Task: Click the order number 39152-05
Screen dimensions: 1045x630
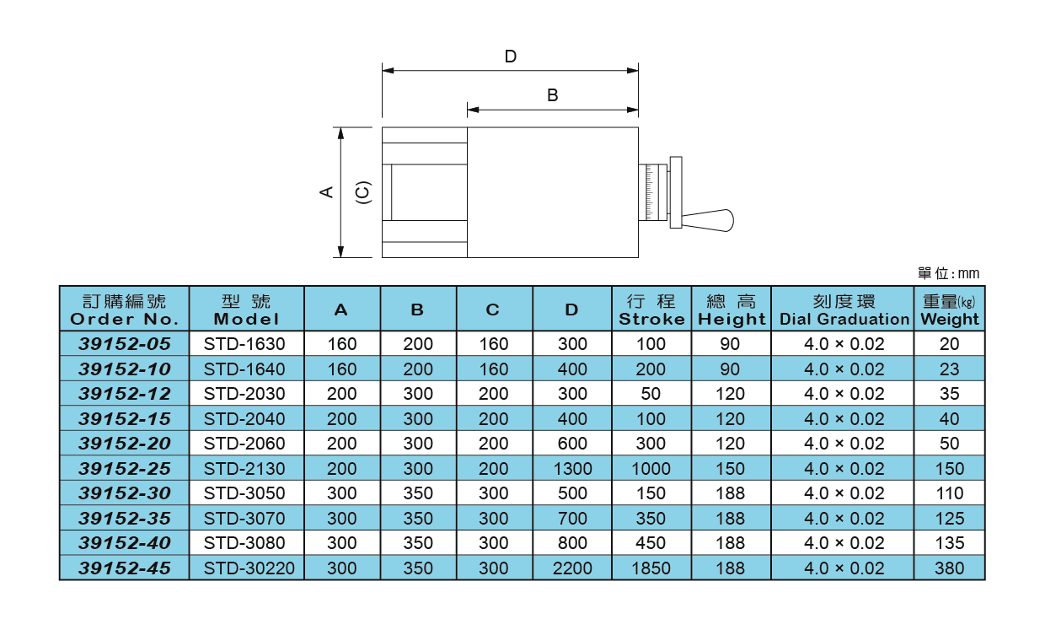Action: coord(125,344)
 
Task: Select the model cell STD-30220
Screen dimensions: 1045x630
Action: coord(249,568)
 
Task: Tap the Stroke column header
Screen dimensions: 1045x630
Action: coord(651,310)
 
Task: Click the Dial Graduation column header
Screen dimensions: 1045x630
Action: coord(844,310)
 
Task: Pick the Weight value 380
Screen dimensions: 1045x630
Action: coord(950,568)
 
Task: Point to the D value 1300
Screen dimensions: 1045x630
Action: coord(572,468)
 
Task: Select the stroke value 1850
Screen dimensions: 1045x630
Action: coord(651,568)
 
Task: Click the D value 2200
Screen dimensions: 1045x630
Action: coord(572,568)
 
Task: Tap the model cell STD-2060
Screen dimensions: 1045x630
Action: coord(244,444)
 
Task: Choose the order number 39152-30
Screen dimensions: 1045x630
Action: coord(125,493)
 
